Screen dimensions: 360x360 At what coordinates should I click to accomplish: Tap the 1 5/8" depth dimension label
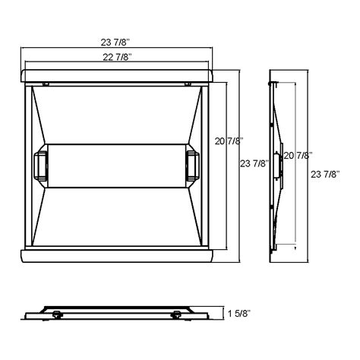pos(239,313)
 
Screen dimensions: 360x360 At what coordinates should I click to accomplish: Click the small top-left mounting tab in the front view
pos(46,84)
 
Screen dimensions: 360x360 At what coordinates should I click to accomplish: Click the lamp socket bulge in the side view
pos(280,163)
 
